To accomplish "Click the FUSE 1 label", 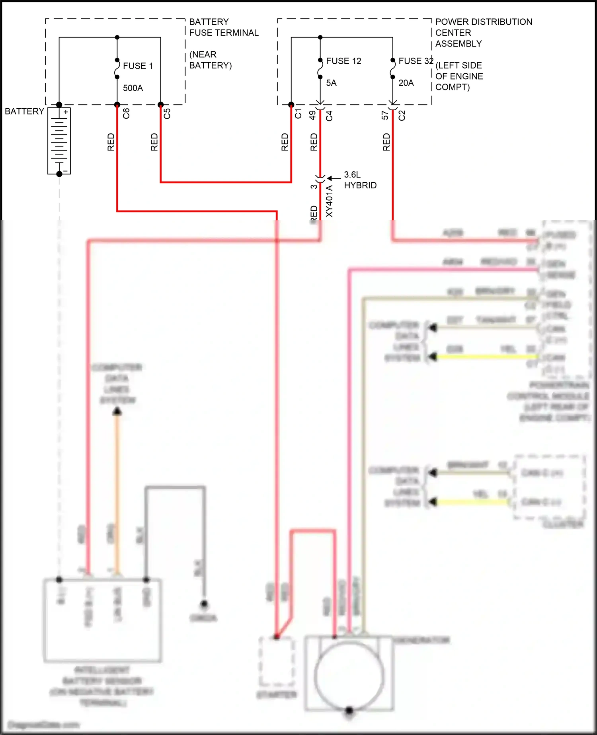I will point(138,66).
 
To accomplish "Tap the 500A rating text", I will point(133,88).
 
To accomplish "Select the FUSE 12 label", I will point(343,61).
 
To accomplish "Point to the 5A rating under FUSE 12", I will point(331,83).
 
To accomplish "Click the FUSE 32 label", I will point(416,61).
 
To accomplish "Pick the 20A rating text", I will point(406,83).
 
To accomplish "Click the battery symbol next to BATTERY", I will point(59,141).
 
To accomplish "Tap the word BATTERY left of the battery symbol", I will point(24,111).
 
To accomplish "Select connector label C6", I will point(126,113).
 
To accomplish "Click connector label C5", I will point(167,113).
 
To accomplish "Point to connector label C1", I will point(298,113).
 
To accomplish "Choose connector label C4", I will point(329,115).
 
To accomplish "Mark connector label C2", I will point(402,115).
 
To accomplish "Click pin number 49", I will point(313,115).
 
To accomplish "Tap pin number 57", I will point(385,115).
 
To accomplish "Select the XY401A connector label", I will point(330,201).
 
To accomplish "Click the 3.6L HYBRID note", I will point(360,180).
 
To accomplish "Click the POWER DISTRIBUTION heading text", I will point(484,22).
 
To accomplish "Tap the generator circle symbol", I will point(349,676).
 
